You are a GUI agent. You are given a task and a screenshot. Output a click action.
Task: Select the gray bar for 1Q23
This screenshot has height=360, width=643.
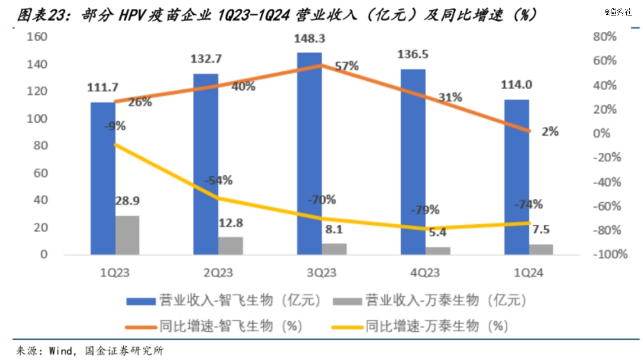tap(127, 235)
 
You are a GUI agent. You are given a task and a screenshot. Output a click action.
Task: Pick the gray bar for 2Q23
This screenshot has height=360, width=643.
tap(230, 246)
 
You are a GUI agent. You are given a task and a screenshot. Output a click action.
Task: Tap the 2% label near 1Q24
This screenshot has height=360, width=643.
tap(550, 132)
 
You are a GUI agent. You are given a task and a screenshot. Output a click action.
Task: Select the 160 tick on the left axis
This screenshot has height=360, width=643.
tap(37, 37)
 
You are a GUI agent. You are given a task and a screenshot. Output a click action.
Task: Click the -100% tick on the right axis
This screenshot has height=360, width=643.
tap(612, 255)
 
